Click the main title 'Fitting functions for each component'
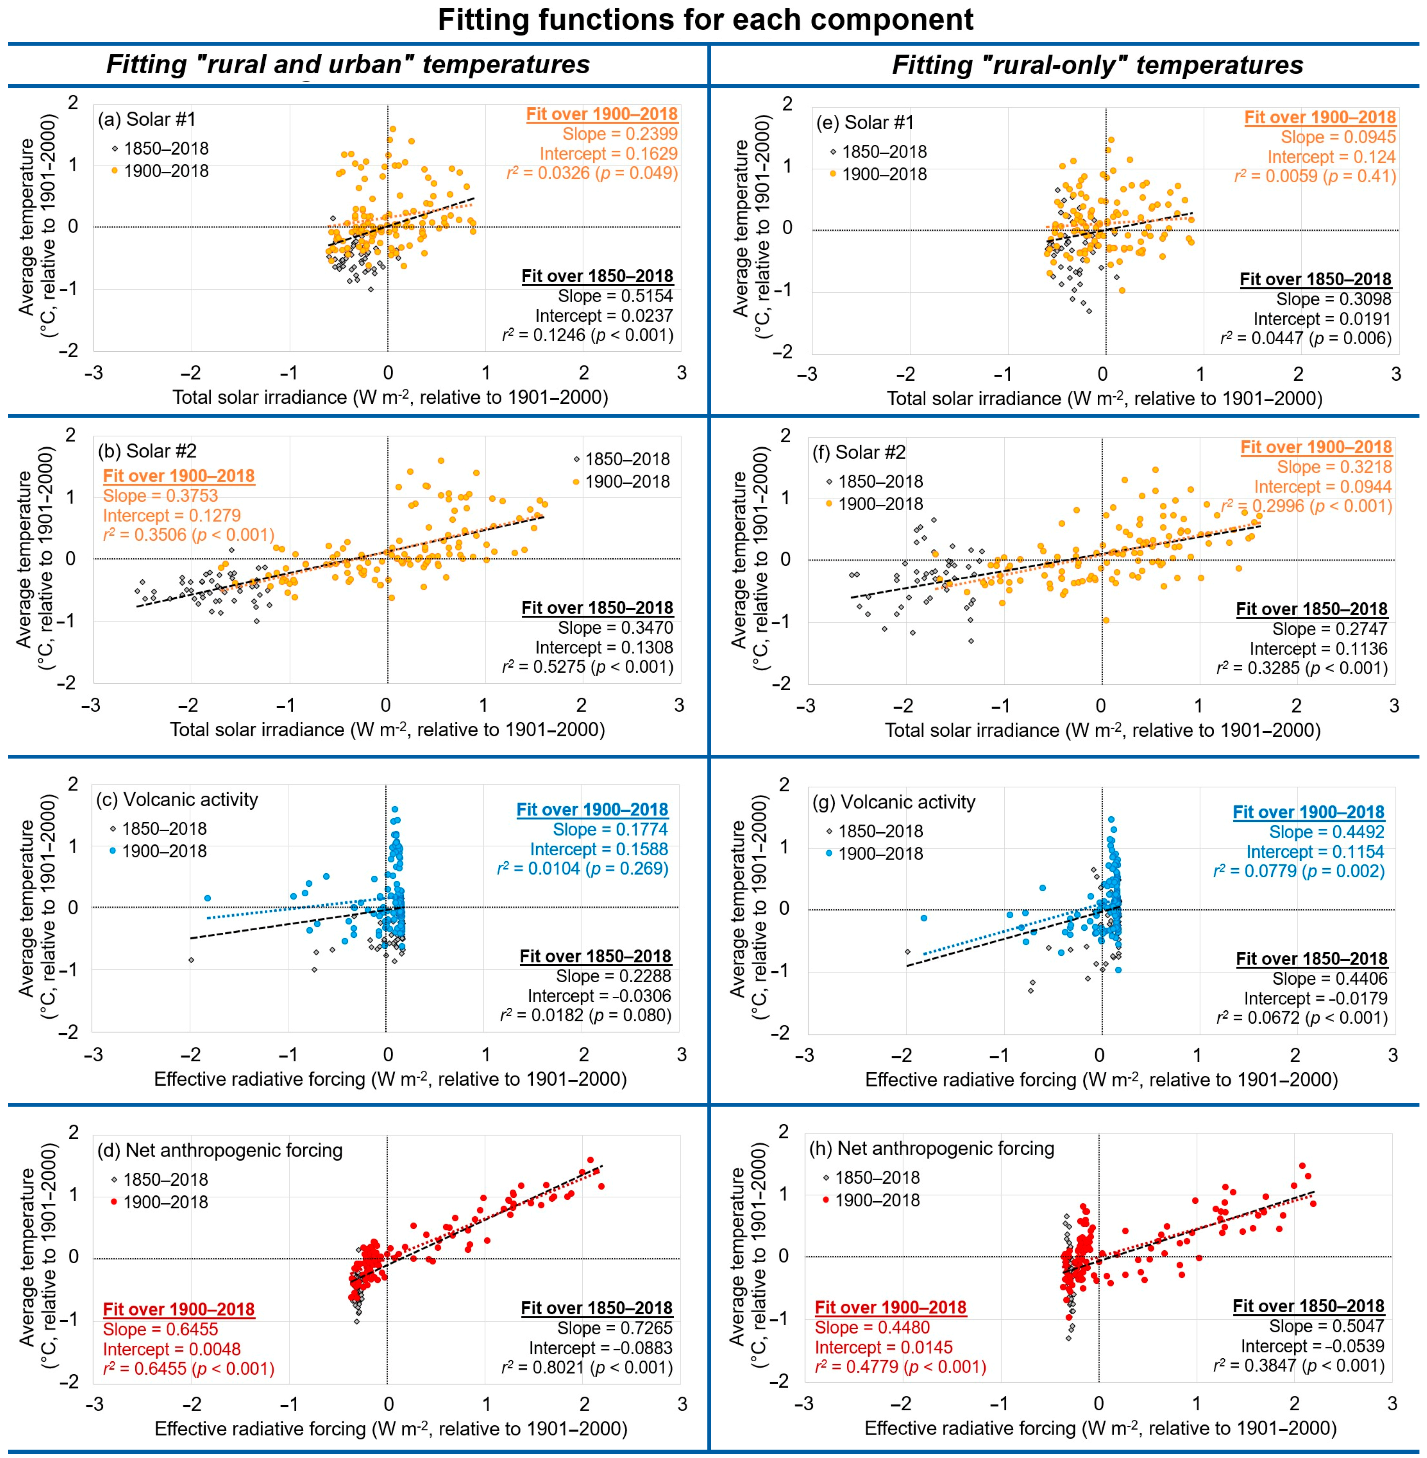tap(705, 20)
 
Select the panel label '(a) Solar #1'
tap(147, 119)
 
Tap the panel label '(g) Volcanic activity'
tap(893, 802)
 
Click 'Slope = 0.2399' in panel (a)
tap(620, 134)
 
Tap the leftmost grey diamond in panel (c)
tap(191, 960)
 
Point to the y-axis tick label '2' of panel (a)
tap(73, 103)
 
